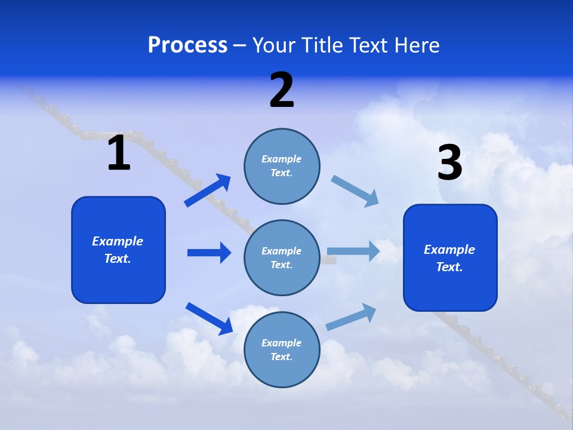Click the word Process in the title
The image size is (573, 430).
pos(187,45)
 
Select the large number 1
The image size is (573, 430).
pos(119,153)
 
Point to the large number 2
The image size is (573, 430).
pos(282,90)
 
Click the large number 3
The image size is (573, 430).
pos(450,163)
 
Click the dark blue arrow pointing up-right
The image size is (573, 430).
pos(208,190)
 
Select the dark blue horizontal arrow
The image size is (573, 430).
pos(209,253)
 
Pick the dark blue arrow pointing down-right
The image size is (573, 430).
pos(209,318)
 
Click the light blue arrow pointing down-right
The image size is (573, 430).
pos(355,191)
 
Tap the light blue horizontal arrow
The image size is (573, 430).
pos(353,251)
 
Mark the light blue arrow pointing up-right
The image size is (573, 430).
pos(352,317)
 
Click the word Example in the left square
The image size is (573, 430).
pos(118,241)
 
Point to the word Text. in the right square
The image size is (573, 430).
pos(449,267)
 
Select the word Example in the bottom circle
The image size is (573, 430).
pos(282,343)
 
